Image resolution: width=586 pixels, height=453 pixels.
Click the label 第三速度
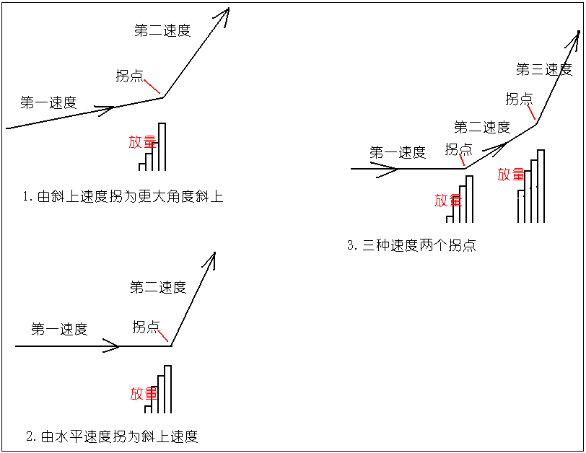544,69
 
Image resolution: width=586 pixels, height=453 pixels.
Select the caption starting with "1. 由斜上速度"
123,196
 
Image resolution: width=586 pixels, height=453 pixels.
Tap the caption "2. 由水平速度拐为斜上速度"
112,436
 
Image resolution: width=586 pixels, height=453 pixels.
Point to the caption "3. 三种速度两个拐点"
411,245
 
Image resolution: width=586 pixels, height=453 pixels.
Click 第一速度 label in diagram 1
48,102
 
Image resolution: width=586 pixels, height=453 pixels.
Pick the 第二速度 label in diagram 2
158,287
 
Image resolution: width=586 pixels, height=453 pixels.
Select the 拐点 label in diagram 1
130,76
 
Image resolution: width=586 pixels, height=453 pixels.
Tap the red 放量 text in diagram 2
144,394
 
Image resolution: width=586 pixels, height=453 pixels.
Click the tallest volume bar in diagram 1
162,146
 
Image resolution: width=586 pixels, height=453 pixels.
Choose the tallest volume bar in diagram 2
168,389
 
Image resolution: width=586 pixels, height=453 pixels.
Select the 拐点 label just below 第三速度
520,99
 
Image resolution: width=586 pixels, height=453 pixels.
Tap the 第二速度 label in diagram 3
482,128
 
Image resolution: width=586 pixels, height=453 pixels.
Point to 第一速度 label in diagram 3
398,152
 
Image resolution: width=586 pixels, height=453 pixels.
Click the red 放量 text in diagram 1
142,142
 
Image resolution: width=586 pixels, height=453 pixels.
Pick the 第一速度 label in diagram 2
59,329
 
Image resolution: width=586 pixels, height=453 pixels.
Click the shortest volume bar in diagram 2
148,409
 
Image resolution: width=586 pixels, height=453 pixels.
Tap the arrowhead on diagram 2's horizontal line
112,346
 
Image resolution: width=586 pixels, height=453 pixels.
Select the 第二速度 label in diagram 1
162,30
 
